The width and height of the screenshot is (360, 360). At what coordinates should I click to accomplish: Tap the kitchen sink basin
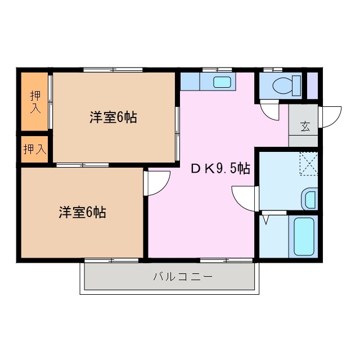pyautogui.click(x=222, y=82)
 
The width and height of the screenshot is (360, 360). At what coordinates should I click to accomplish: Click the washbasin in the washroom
pyautogui.click(x=309, y=199)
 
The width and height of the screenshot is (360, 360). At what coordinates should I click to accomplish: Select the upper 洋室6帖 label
pyautogui.click(x=113, y=118)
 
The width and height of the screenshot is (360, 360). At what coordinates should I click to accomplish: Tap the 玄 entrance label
pyautogui.click(x=304, y=127)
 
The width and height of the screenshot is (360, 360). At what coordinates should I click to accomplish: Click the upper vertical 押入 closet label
pyautogui.click(x=35, y=101)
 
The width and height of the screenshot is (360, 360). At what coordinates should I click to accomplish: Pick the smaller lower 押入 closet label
pyautogui.click(x=34, y=149)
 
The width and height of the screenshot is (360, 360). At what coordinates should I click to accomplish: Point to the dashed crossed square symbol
pyautogui.click(x=308, y=164)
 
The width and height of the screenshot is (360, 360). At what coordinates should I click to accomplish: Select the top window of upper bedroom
pyautogui.click(x=113, y=70)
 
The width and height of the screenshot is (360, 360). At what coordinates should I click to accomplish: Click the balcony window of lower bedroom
pyautogui.click(x=110, y=260)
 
